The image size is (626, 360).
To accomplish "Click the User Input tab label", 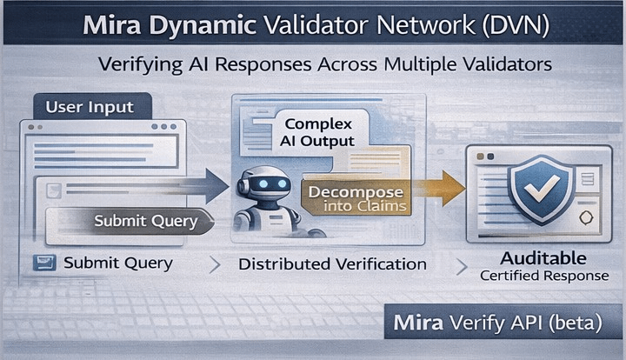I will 90,108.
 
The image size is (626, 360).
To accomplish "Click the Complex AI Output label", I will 318,132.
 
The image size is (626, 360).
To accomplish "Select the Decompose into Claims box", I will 351,198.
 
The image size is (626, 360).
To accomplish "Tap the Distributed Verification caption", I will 332,263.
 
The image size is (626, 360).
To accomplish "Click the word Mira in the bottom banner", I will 419,323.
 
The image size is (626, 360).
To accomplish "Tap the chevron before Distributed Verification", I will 216,263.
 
